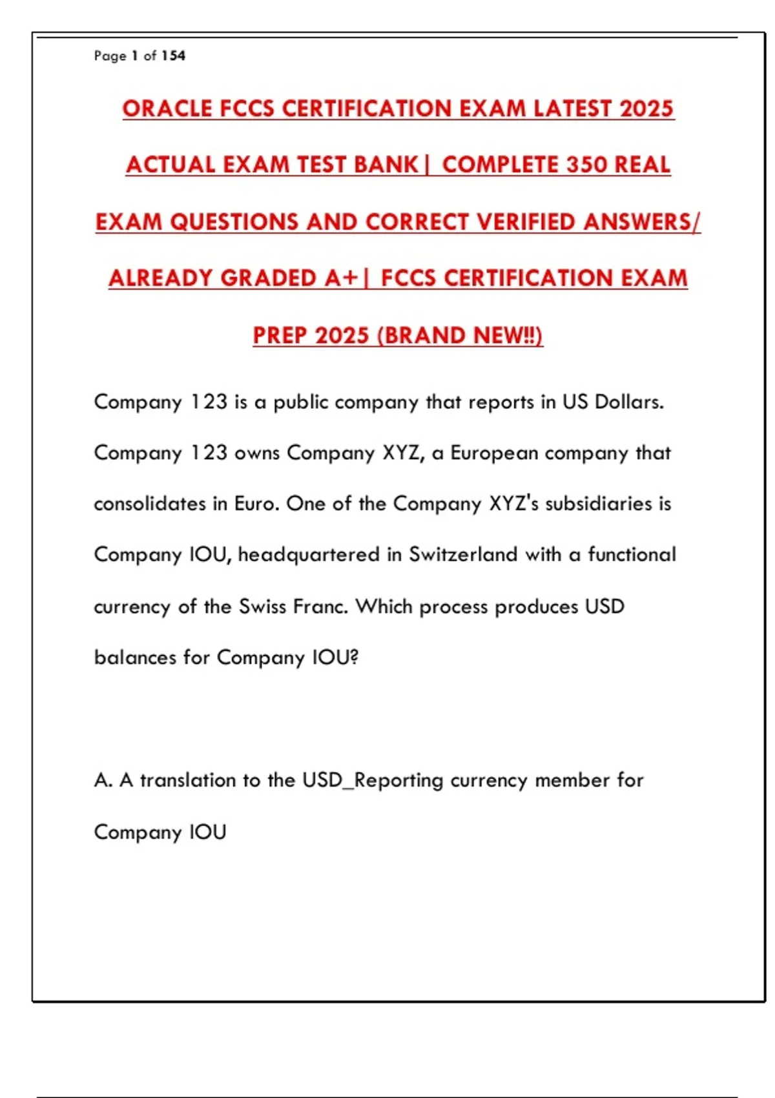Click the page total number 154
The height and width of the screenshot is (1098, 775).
[x=173, y=56]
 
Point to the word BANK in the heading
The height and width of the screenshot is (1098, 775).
[x=387, y=165]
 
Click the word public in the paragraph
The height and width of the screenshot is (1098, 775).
[x=301, y=403]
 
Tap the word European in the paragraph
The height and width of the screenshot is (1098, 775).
[x=494, y=453]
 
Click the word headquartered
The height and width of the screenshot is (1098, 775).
[x=309, y=555]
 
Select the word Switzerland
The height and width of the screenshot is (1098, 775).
[x=463, y=554]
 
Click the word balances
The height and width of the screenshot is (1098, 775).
[x=135, y=657]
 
